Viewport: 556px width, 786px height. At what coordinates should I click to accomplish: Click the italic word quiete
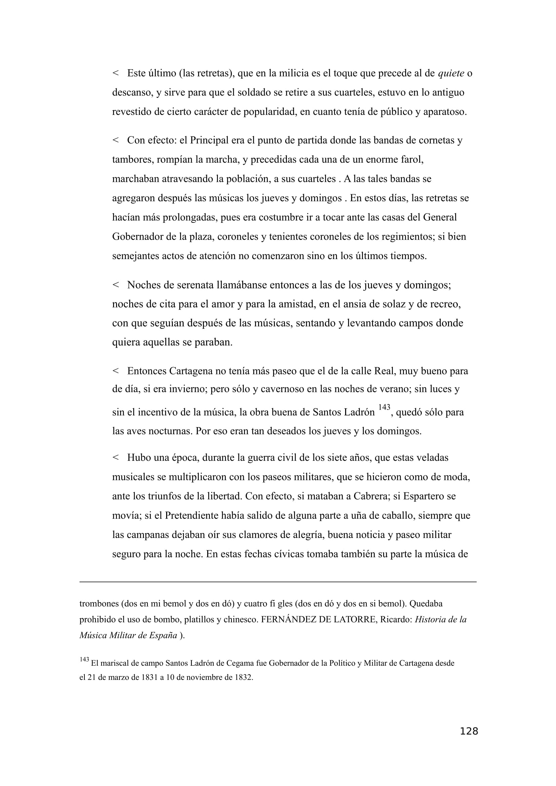tap(451, 73)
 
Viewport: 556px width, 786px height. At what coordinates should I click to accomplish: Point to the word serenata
tap(195, 285)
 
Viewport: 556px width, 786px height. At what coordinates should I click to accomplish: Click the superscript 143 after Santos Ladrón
tap(384, 407)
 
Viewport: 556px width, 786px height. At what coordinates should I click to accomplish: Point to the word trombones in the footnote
tap(99, 604)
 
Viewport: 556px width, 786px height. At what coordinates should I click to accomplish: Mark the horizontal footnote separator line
tap(277, 582)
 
